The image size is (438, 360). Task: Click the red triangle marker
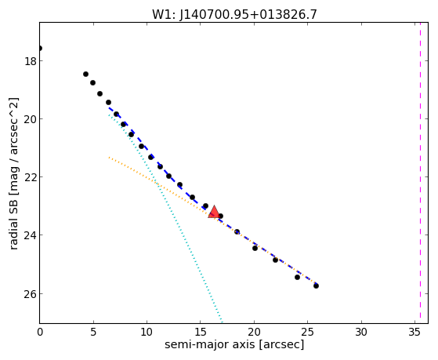click(214, 212)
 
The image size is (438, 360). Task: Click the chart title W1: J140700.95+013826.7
click(234, 14)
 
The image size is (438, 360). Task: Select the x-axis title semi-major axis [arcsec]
click(234, 344)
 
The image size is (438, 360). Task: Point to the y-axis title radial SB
click(13, 221)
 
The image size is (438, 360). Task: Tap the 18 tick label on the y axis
click(30, 61)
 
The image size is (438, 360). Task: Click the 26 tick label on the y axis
click(30, 294)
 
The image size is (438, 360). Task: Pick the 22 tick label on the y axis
click(30, 177)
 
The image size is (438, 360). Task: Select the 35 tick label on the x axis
click(414, 332)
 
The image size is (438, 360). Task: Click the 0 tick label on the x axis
click(40, 332)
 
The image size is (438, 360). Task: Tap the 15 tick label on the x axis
click(201, 332)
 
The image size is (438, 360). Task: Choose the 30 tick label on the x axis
click(361, 332)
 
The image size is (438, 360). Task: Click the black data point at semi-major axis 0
click(40, 49)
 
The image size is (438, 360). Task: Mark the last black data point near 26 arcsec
click(316, 285)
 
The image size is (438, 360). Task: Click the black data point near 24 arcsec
click(297, 277)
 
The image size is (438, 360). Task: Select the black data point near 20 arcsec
click(255, 248)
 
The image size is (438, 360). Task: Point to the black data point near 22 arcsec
click(275, 260)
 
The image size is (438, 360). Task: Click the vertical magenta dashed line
click(420, 173)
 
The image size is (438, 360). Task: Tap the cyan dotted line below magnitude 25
click(215, 305)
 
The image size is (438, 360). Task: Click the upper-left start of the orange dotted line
click(109, 158)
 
